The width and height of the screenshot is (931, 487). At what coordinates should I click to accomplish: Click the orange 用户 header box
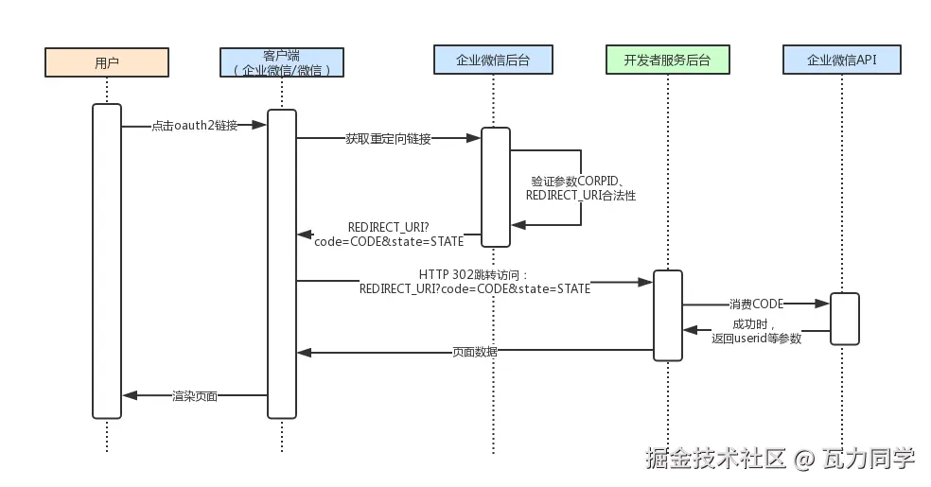coord(107,62)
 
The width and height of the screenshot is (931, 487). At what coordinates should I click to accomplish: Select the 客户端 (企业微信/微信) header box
coord(282,62)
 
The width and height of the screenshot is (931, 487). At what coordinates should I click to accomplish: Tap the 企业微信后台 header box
coord(493,60)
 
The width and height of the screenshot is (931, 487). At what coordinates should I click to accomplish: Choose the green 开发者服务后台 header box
coord(668,60)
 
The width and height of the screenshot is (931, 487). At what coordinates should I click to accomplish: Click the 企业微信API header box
coord(842,60)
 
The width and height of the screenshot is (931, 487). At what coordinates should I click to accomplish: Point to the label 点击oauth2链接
coord(195,125)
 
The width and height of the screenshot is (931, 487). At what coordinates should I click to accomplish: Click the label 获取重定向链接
coord(388,139)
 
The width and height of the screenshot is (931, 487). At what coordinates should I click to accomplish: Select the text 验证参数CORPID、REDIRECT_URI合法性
coord(581,188)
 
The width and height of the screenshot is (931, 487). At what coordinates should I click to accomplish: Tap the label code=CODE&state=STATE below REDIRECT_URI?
coord(389,241)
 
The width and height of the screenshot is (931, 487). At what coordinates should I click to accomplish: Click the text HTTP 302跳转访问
coord(473,274)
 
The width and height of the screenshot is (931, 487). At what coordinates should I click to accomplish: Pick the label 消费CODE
coord(757,304)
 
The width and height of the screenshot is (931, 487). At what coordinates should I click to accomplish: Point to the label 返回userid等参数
coord(757,339)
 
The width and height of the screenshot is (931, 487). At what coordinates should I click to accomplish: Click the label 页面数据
coord(475,352)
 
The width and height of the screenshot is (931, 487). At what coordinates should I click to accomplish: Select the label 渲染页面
coord(195,395)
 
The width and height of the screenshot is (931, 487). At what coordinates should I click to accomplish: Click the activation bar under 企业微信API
coord(844,319)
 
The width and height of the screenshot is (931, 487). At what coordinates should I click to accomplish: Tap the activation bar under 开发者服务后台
coord(668,315)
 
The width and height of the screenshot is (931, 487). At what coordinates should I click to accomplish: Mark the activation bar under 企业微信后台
coord(496,187)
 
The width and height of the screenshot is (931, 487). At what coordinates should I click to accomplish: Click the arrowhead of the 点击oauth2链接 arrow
coord(259,125)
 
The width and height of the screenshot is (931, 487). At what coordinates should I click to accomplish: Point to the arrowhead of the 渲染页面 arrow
coord(130,395)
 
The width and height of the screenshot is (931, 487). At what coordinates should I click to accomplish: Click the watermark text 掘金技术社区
coord(715,458)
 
